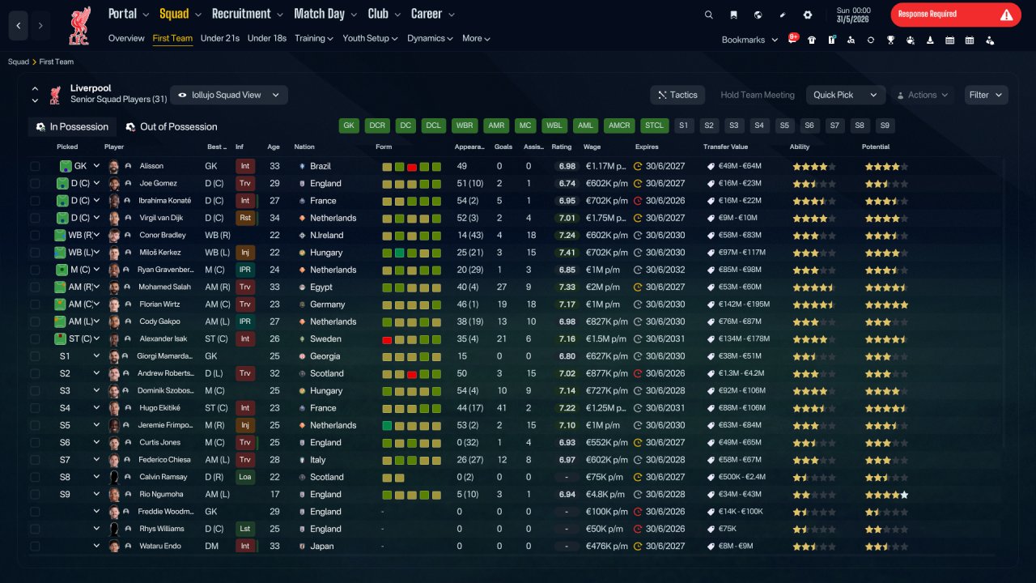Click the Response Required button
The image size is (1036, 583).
pos(956,15)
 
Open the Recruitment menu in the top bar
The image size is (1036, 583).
pos(247,15)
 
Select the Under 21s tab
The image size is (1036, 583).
pos(219,38)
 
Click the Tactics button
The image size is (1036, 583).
pos(677,95)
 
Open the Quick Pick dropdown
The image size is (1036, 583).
pos(846,95)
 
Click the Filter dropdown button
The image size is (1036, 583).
pos(986,95)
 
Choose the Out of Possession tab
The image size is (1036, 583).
pos(172,127)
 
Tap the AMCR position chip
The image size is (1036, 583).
pos(619,126)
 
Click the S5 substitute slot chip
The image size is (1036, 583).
pos(784,126)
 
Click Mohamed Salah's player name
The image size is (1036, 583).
pos(164,287)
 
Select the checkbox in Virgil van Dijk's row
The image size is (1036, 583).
pos(35,218)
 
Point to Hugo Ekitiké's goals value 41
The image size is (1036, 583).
pos(501,408)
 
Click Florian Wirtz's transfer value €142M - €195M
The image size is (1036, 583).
pos(744,304)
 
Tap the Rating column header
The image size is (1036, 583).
pos(561,147)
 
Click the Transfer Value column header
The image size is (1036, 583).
pos(725,147)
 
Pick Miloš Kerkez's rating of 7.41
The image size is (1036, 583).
pos(567,253)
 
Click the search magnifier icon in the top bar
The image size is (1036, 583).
pos(708,15)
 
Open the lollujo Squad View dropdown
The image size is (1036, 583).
pos(229,95)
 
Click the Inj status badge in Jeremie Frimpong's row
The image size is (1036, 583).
pos(244,425)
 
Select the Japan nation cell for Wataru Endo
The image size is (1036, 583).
pos(321,546)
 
